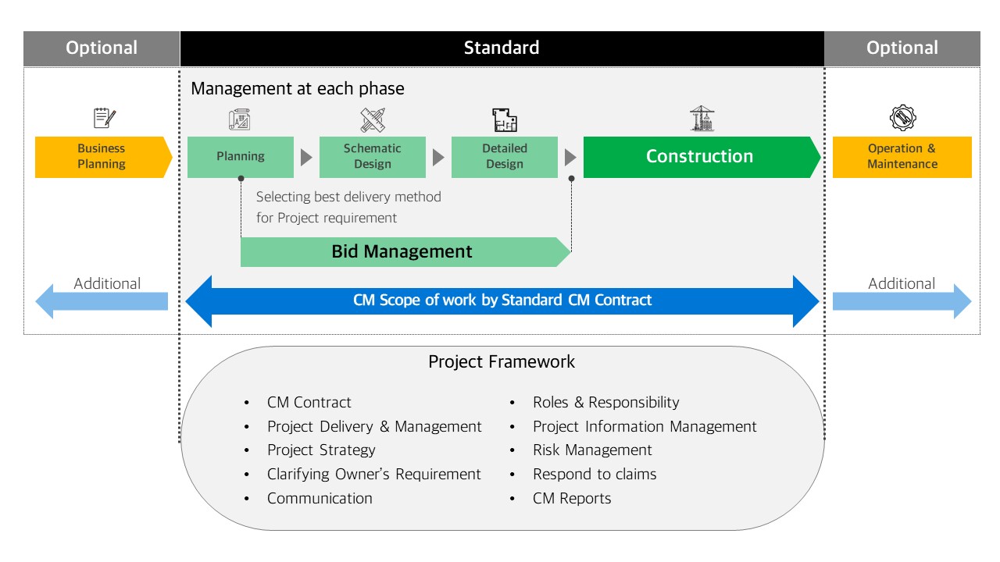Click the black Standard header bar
click(x=502, y=48)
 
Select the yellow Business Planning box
click(x=102, y=156)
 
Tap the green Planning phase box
click(x=241, y=156)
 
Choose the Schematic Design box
click(x=373, y=156)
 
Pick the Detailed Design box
click(x=505, y=156)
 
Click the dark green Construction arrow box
click(x=700, y=156)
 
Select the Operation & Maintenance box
click(x=902, y=156)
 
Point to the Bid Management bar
click(x=402, y=251)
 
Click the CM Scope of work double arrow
click(x=502, y=301)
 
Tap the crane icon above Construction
click(x=702, y=119)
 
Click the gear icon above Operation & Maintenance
click(x=902, y=119)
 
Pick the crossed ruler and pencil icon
click(x=373, y=119)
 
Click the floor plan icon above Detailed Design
click(x=505, y=119)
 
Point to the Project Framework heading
click(x=502, y=362)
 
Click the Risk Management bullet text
click(x=592, y=450)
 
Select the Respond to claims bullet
click(x=595, y=474)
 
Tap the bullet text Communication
click(x=320, y=498)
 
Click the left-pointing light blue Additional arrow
click(x=102, y=301)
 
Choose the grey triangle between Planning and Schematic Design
click(x=306, y=157)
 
